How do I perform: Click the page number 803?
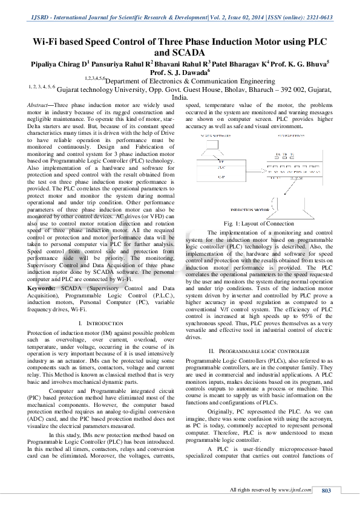coord(327,490)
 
